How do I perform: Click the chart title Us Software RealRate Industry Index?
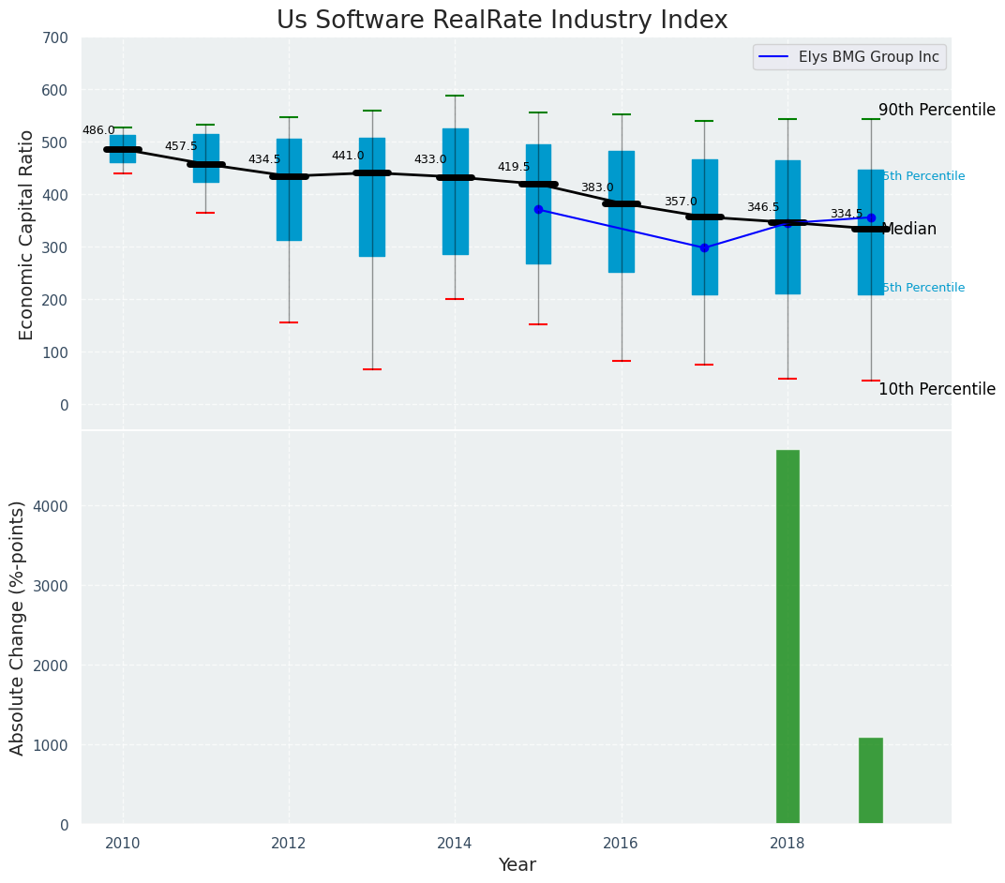click(x=502, y=21)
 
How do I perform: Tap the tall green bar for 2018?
click(x=787, y=636)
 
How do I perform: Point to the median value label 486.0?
click(x=98, y=130)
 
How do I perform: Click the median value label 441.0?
click(x=348, y=156)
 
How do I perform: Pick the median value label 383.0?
click(x=597, y=187)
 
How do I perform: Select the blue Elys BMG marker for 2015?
click(x=538, y=209)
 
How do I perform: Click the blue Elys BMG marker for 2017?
click(x=704, y=247)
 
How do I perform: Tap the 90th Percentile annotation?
click(x=937, y=110)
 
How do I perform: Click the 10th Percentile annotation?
click(x=937, y=389)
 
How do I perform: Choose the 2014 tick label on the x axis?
click(x=455, y=843)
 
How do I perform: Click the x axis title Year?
click(x=517, y=865)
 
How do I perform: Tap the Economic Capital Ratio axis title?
click(x=26, y=234)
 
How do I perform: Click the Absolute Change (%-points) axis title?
click(x=18, y=627)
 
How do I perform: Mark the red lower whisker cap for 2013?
click(x=372, y=369)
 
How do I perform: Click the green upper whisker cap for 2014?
click(x=455, y=96)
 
